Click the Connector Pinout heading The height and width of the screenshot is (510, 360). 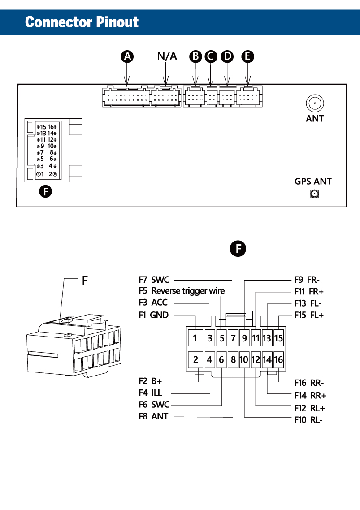click(x=82, y=22)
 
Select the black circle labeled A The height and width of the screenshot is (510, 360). click(x=128, y=56)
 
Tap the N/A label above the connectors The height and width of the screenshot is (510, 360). click(x=167, y=56)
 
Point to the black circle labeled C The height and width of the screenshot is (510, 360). click(x=210, y=56)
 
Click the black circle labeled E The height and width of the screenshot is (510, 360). click(x=247, y=56)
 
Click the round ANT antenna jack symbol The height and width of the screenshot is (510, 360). click(x=315, y=104)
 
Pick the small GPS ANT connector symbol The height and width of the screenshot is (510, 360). click(x=315, y=194)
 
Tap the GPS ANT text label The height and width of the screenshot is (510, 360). click(x=313, y=182)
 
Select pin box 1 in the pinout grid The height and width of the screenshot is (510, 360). click(x=195, y=338)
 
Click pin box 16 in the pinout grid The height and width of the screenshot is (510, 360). click(x=278, y=359)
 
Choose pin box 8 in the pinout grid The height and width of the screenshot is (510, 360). click(x=233, y=359)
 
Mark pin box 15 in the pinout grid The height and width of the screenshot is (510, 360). click(x=278, y=338)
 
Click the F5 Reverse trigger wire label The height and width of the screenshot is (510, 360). click(x=182, y=291)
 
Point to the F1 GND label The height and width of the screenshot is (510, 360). click(x=154, y=315)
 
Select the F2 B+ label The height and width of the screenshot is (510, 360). click(x=150, y=381)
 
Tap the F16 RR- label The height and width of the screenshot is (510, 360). click(x=309, y=383)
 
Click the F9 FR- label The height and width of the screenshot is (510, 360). click(x=307, y=280)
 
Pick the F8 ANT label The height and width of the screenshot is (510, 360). click(x=153, y=416)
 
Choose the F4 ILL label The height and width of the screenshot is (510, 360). click(x=150, y=393)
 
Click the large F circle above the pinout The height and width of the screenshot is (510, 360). click(x=238, y=248)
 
